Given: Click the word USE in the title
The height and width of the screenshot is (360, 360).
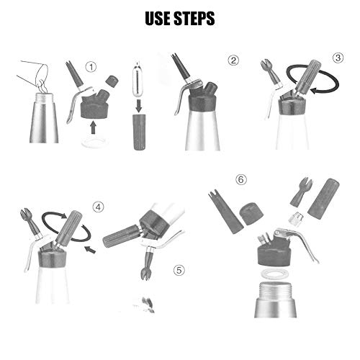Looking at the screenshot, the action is [x=158, y=18].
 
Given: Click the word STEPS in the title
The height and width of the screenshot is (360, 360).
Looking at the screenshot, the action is [x=194, y=18].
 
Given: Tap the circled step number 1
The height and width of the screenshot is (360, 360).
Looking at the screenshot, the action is [x=91, y=67].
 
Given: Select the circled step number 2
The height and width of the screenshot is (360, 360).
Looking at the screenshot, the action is [x=233, y=60].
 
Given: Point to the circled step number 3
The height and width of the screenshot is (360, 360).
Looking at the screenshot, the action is [x=338, y=58].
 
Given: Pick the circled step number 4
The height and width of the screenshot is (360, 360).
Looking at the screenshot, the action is [x=99, y=207].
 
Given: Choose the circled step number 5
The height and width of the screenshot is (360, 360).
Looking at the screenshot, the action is [x=179, y=271].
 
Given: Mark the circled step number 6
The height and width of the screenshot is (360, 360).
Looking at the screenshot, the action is [x=241, y=179].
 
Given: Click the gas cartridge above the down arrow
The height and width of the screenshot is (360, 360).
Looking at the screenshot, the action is [x=138, y=79].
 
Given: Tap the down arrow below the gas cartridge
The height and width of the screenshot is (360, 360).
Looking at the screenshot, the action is [x=139, y=106].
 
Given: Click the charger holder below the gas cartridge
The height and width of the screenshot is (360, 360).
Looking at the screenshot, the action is [x=139, y=132].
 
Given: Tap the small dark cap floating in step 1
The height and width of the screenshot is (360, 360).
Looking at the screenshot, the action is [x=112, y=81].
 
